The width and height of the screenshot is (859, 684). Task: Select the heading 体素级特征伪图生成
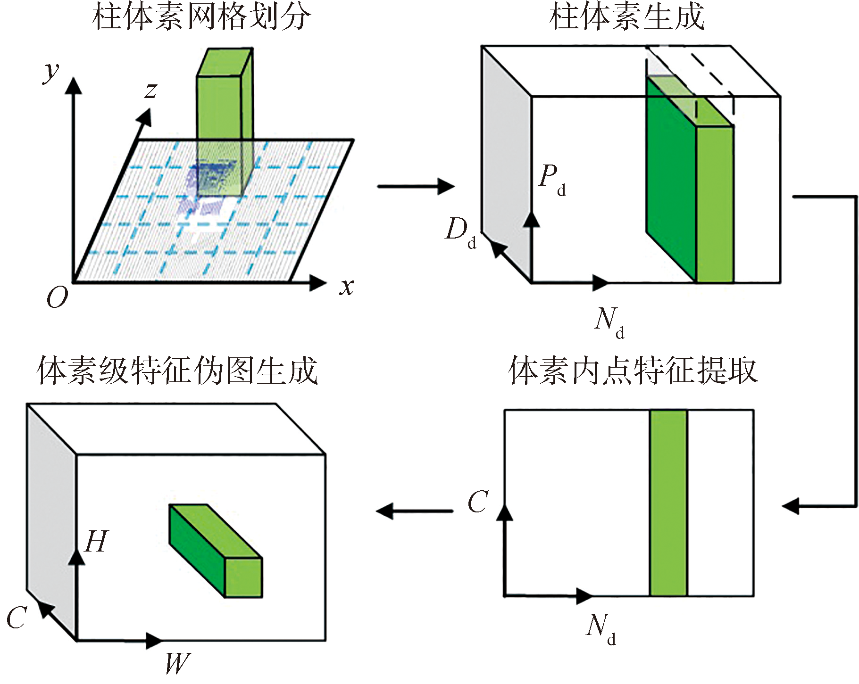(x=177, y=371)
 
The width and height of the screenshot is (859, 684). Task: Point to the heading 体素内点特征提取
(x=633, y=371)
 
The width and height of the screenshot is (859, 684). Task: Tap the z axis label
(x=151, y=90)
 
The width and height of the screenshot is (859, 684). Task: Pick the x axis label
(x=347, y=286)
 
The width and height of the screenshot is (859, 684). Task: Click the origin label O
(x=57, y=297)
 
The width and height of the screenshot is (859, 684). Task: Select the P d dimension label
(x=552, y=180)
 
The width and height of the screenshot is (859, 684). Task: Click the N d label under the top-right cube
(x=609, y=323)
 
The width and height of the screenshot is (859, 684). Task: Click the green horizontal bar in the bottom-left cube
(x=216, y=551)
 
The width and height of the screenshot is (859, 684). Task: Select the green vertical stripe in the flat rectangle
(x=668, y=503)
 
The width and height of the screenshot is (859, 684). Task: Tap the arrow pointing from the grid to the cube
(x=416, y=186)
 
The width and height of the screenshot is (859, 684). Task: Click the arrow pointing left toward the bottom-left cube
(x=415, y=511)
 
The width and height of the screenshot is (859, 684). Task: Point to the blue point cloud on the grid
(x=210, y=189)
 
